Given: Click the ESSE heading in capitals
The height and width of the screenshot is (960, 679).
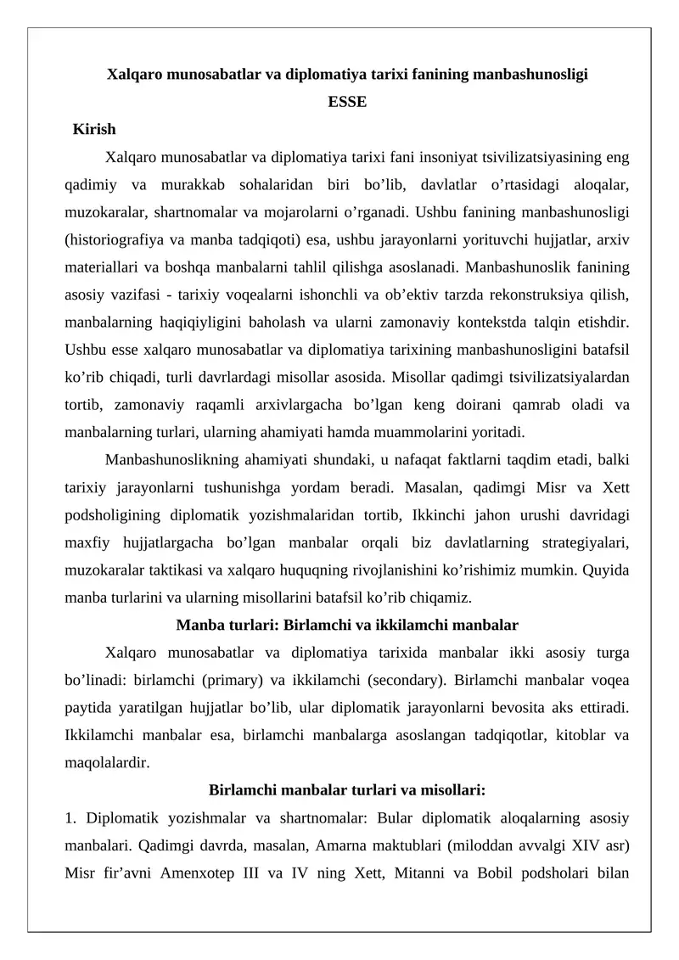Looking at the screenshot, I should point(347,102).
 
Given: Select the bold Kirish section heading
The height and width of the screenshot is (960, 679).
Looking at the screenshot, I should point(94,130).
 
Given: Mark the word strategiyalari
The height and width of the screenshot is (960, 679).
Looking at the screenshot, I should point(580,542).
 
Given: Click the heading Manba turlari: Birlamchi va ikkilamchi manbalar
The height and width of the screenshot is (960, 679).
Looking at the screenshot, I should point(347,626).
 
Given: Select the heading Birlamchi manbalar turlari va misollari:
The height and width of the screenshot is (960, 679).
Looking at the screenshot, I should point(347,790).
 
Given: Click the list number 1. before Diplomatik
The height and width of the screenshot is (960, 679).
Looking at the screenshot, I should point(70,818).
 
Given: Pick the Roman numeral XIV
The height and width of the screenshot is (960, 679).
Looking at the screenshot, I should point(582,845).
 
